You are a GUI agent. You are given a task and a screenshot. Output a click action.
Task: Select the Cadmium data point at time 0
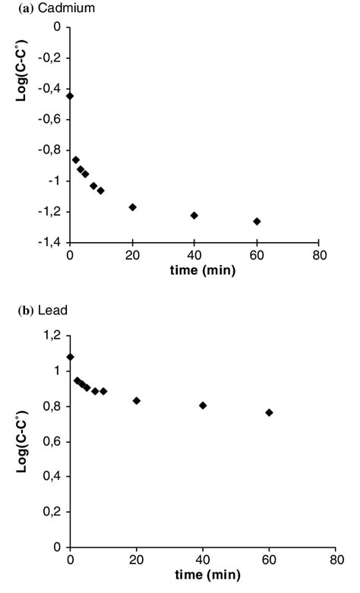pos(71,96)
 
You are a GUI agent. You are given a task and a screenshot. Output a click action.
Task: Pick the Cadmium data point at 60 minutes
pos(257,221)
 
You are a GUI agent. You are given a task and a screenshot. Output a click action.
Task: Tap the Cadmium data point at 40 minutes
pos(194,215)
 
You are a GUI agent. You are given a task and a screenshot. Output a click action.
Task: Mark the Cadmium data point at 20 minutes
pos(132,207)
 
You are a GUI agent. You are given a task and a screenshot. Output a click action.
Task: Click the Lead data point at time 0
pos(71,356)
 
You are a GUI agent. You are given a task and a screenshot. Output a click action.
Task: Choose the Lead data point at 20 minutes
pos(137,400)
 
